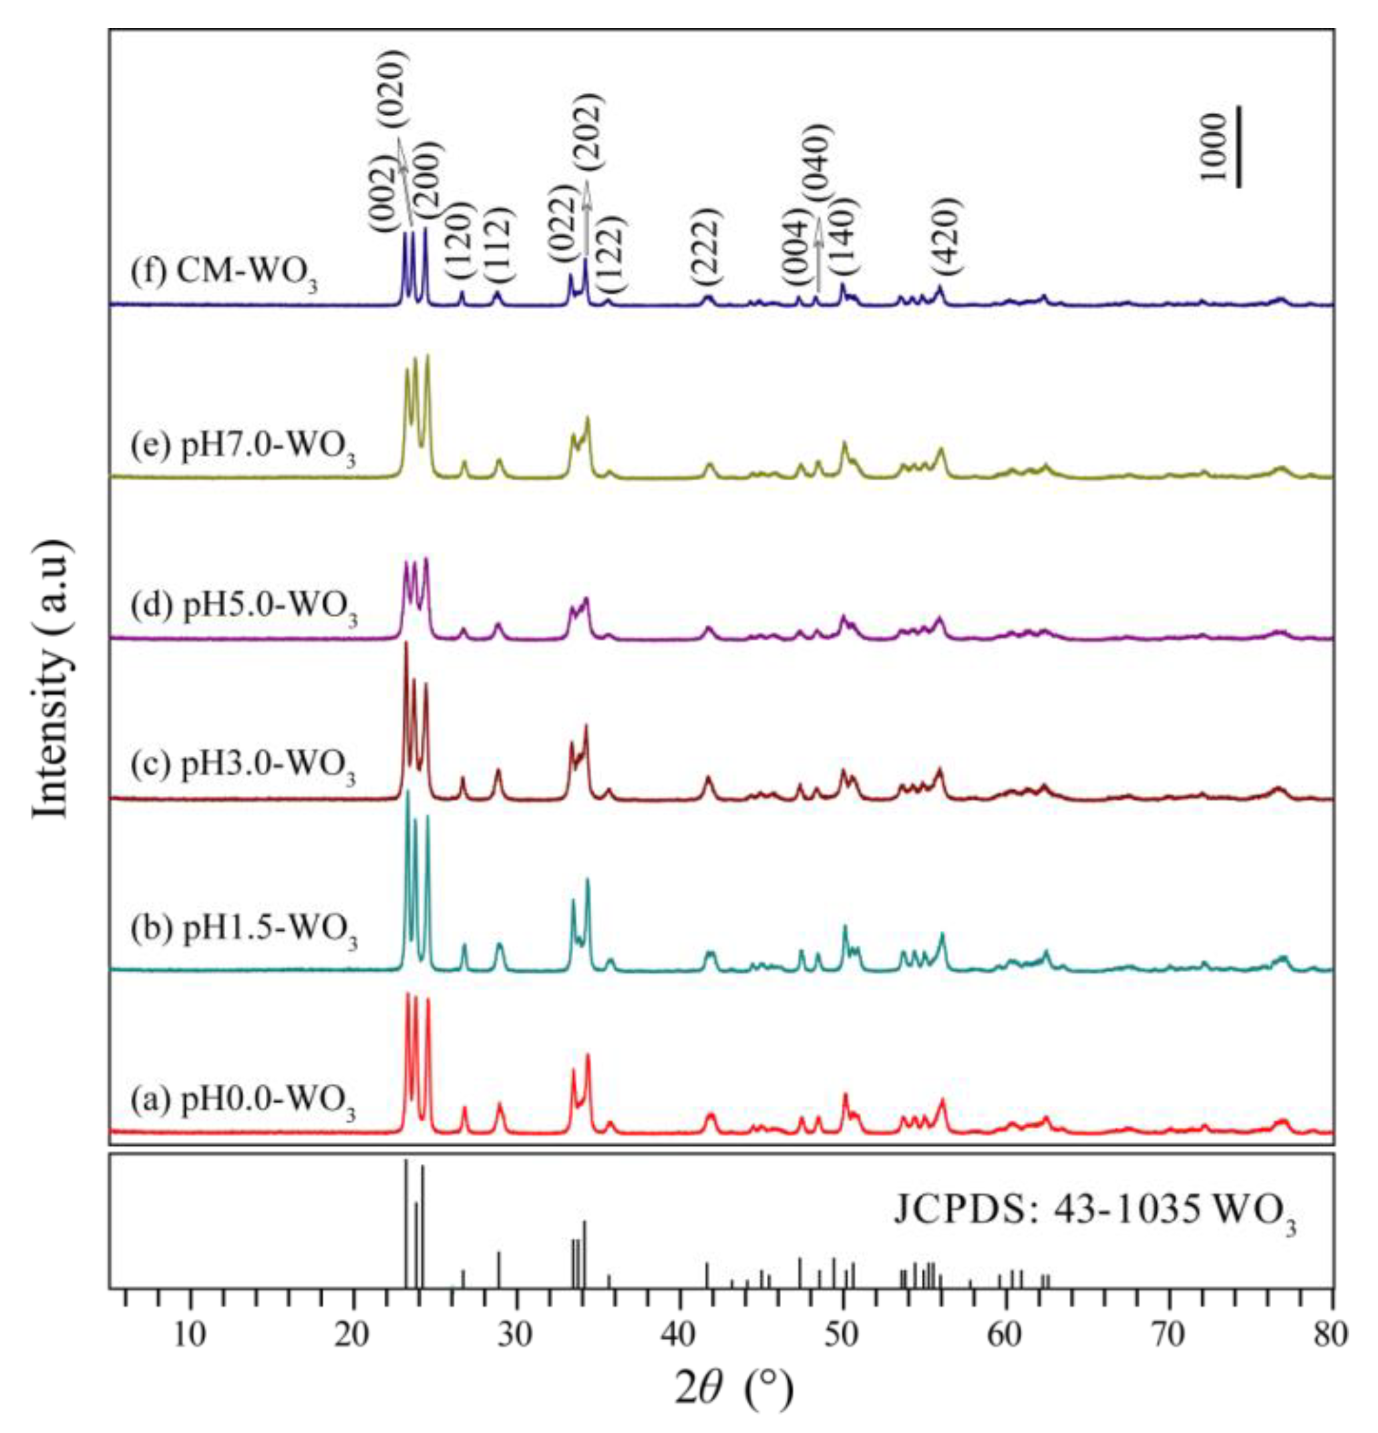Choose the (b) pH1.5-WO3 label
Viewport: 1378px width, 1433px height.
coord(244,930)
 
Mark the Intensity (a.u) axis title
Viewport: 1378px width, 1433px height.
coord(53,680)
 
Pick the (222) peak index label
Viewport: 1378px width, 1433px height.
coord(707,246)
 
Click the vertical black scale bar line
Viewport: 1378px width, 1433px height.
coord(1239,146)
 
